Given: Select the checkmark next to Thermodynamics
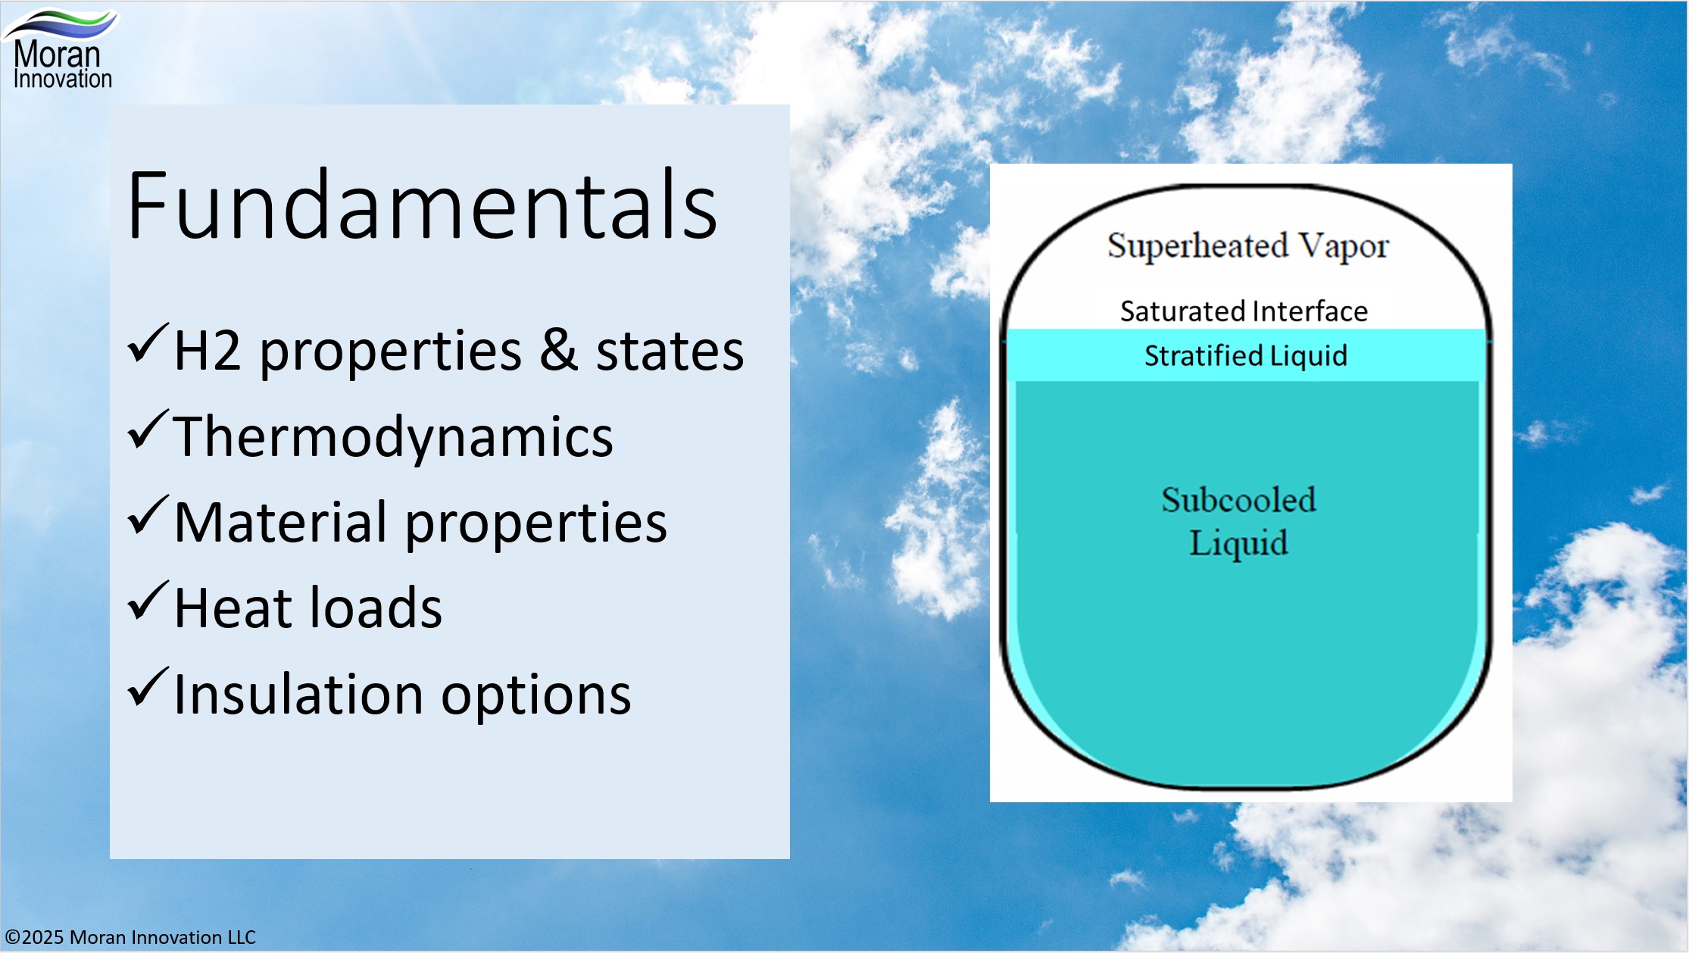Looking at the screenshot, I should pos(147,430).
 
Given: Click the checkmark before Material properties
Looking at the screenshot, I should pos(147,516).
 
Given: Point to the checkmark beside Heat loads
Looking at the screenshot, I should pos(147,601).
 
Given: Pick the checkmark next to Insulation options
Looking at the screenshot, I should pos(147,688).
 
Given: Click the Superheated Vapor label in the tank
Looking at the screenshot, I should pos(1247,246).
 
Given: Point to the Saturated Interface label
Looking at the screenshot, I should pos(1244,311).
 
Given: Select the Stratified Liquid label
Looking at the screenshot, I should pos(1245,355).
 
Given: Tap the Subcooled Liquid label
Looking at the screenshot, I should pos(1238,521).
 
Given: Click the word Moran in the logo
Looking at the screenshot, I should pos(57,55).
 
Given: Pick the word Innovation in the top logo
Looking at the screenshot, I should pos(63,79).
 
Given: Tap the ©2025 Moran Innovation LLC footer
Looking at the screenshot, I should pos(130,937).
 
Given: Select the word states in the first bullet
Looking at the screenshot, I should pos(670,351).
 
